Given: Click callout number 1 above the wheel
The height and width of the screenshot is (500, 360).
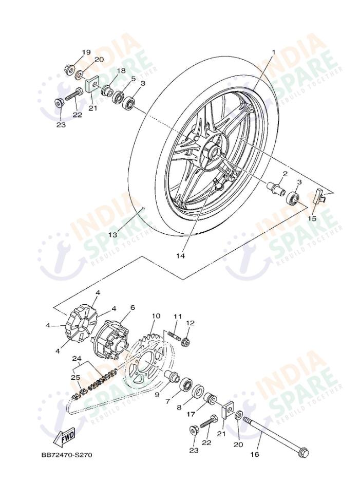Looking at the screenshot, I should point(274,52).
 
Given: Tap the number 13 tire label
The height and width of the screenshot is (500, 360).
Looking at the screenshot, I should point(112,235).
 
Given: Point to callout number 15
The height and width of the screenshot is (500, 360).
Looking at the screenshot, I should point(312,218).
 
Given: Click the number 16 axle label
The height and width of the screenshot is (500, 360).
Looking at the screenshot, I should point(255,454).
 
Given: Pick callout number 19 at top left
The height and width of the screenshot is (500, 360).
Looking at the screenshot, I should point(86,52).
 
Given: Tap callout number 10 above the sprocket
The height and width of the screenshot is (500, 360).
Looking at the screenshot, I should point(156,316).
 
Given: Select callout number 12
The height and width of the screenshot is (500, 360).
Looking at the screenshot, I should point(191,323).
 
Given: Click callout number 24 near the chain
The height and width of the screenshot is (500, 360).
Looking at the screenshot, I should point(77,358).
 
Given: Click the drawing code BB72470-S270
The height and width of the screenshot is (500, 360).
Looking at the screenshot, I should point(67,455).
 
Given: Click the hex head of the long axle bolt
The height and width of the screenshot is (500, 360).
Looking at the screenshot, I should point(302,453).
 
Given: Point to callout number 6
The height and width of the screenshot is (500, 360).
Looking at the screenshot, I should point(132,307).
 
